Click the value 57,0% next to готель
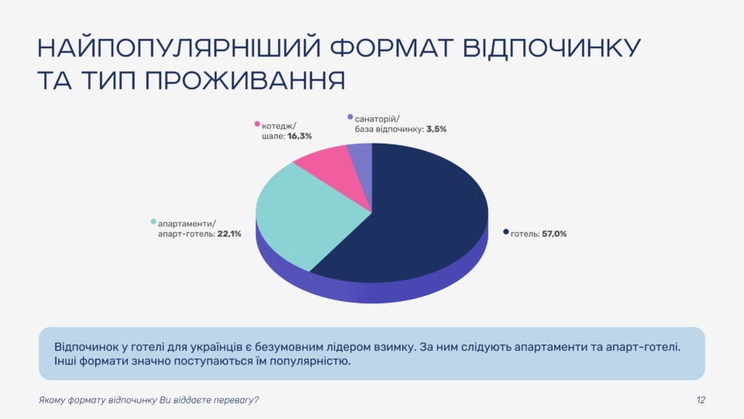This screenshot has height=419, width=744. (555, 234)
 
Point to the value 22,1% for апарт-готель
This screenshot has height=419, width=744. (229, 234)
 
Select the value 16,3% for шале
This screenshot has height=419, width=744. (299, 135)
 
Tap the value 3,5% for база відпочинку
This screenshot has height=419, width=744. (436, 130)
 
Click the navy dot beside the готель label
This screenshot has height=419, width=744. (505, 232)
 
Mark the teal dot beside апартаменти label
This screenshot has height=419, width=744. (153, 221)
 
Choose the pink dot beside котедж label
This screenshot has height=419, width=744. (257, 123)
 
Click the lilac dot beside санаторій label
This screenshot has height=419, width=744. (350, 117)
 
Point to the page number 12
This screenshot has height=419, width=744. (701, 400)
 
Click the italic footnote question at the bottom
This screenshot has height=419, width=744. (149, 400)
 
